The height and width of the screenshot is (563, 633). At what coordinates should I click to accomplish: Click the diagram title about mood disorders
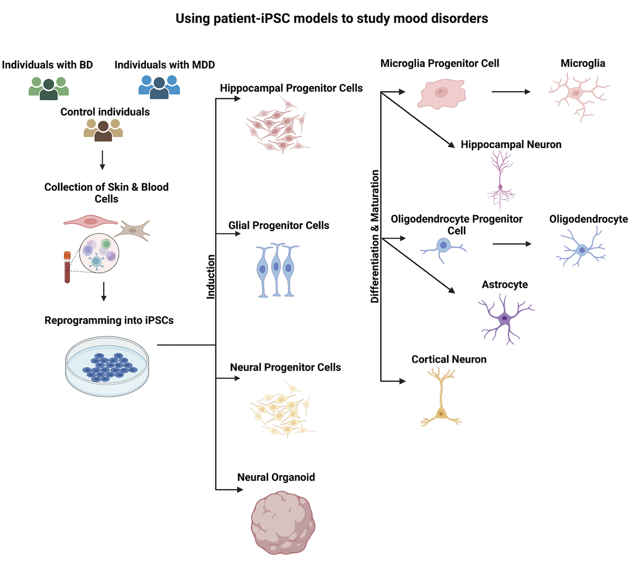332,19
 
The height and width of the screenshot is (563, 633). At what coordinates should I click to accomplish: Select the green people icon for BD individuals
49,88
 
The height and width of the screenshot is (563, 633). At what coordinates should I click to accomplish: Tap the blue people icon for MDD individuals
159,87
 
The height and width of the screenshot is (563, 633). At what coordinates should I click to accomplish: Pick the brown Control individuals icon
103,130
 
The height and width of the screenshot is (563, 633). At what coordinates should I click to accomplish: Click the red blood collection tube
67,267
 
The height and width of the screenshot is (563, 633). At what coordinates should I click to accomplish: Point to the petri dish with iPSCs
107,366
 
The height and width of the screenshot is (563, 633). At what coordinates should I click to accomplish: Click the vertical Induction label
211,277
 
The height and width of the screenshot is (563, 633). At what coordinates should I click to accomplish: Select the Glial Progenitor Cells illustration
276,271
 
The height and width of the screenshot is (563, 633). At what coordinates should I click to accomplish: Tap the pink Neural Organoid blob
283,522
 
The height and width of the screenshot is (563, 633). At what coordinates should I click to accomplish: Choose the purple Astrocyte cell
505,319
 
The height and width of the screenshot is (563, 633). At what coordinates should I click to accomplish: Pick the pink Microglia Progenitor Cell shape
441,93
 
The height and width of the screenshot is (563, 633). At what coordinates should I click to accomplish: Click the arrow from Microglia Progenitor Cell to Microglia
511,92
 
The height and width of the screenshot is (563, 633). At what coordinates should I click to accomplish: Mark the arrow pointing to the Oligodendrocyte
511,244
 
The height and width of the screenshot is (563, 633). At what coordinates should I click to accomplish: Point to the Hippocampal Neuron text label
511,144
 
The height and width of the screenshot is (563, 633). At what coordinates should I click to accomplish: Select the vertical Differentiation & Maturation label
375,236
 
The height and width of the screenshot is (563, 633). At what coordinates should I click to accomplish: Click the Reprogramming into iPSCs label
109,320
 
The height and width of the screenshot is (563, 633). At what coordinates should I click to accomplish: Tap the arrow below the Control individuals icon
102,160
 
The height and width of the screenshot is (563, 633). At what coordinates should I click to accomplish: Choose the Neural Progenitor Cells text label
285,367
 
